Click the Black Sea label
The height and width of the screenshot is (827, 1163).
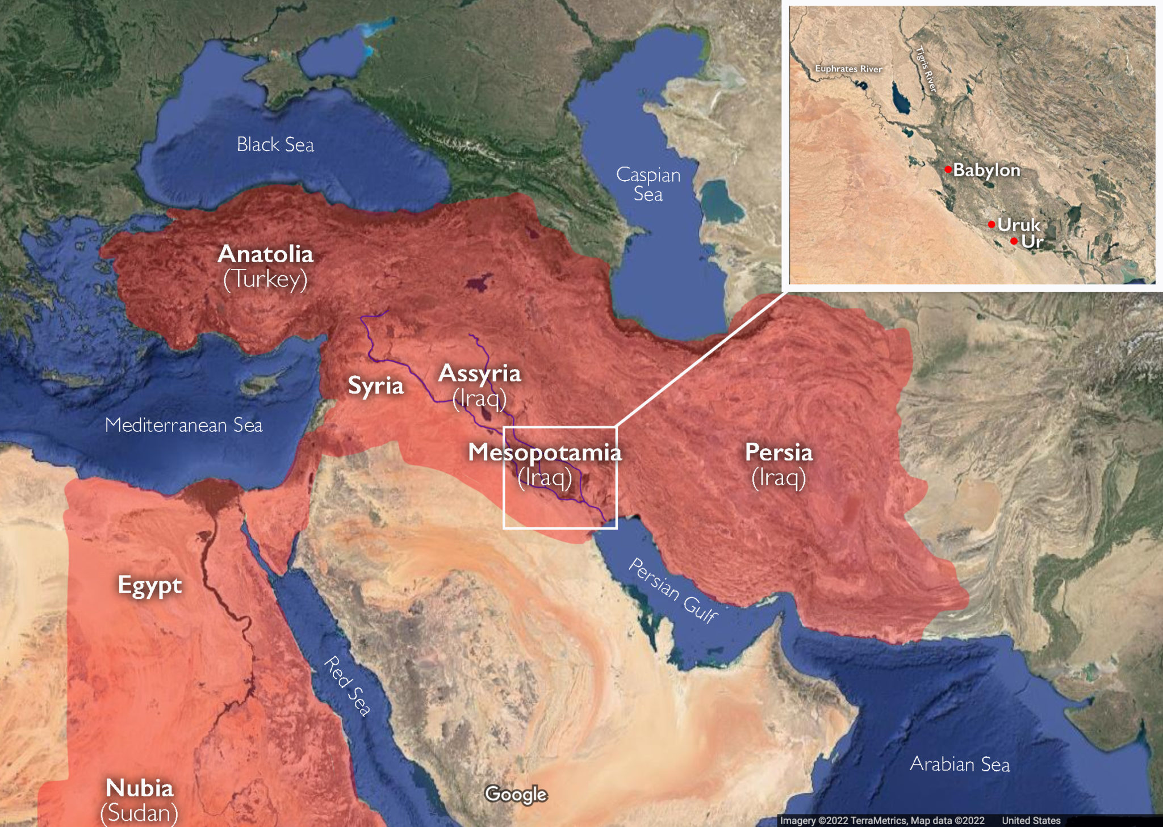(275, 145)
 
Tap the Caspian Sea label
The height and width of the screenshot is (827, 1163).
(648, 184)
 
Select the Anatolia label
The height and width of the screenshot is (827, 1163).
(265, 254)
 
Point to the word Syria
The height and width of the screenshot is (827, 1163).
(375, 385)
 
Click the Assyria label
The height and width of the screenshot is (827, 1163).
(479, 373)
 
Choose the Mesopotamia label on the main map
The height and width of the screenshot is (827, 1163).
(545, 452)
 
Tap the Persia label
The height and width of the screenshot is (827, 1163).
(779, 452)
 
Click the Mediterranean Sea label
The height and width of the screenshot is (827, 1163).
(183, 425)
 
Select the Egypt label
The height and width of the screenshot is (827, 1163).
(149, 585)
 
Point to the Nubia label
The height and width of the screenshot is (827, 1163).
(139, 788)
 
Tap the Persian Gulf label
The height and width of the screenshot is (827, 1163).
(673, 590)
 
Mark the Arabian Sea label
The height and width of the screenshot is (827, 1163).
(960, 764)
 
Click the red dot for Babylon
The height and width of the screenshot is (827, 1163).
(948, 169)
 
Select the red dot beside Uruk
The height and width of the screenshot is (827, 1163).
(992, 224)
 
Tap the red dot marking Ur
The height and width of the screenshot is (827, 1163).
(1014, 241)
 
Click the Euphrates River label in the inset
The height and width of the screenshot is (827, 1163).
(848, 69)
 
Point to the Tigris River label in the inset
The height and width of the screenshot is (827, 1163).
(926, 69)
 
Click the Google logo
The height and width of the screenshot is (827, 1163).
(516, 794)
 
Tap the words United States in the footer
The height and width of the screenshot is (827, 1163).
(1031, 820)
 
